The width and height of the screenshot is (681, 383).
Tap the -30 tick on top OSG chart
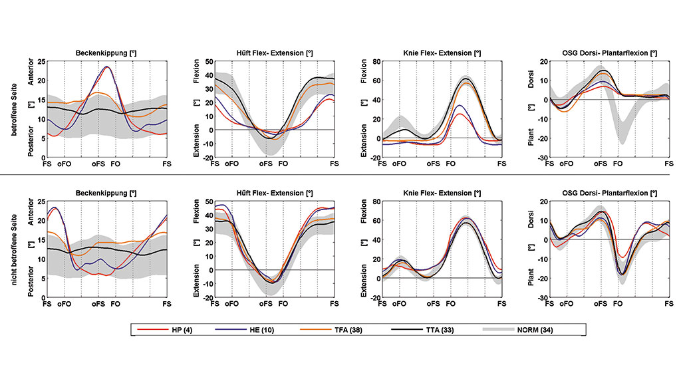(542, 158)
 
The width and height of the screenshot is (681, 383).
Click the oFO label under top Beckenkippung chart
(65, 163)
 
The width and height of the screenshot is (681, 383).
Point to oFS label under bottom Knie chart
(433, 303)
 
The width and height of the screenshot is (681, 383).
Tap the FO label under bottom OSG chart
(618, 303)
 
